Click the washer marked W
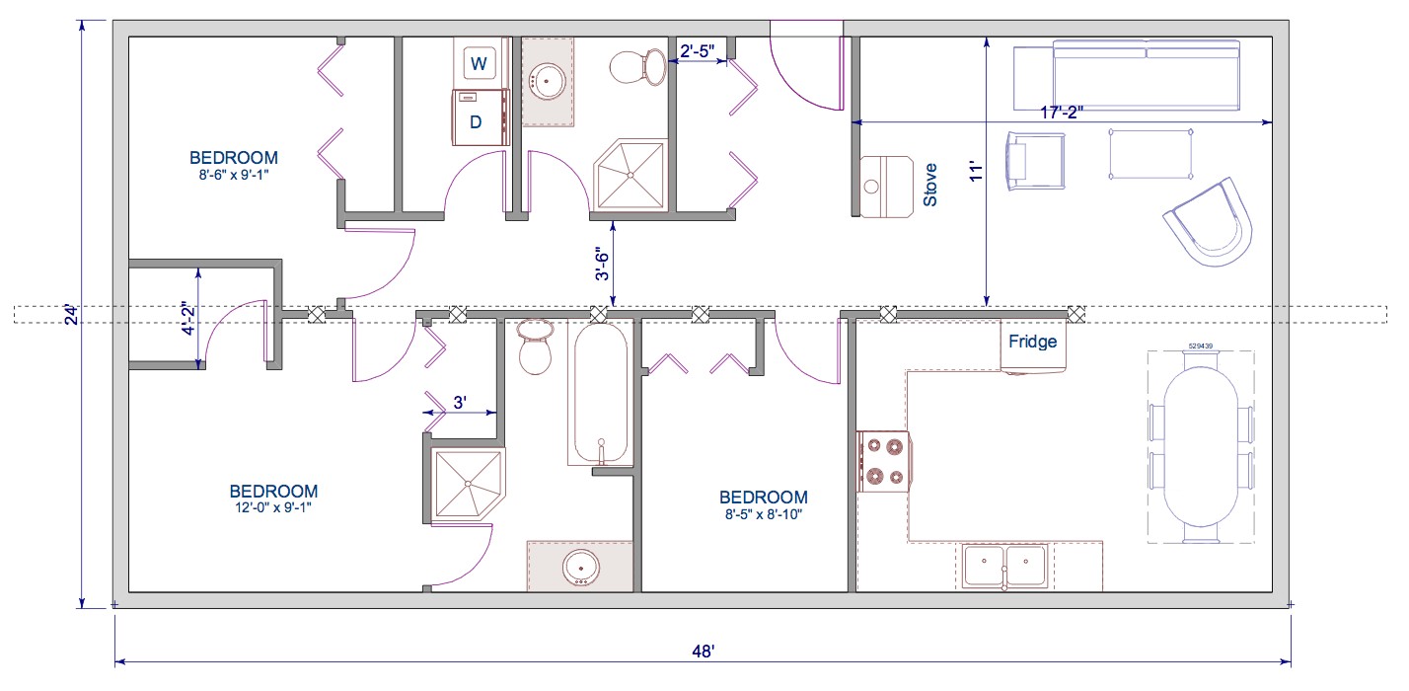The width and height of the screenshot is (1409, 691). pos(480,64)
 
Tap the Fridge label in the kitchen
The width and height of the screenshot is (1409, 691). pos(1032,343)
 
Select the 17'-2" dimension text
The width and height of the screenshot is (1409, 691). pos(1061,113)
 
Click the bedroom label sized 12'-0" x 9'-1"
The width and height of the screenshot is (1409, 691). pos(273,499)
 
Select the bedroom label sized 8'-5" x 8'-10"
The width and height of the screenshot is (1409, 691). pos(763,504)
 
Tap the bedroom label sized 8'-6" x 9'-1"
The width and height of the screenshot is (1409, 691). pos(234,164)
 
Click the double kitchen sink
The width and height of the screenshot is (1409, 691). pos(1004,566)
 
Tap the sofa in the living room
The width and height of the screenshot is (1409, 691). pos(1145,75)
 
